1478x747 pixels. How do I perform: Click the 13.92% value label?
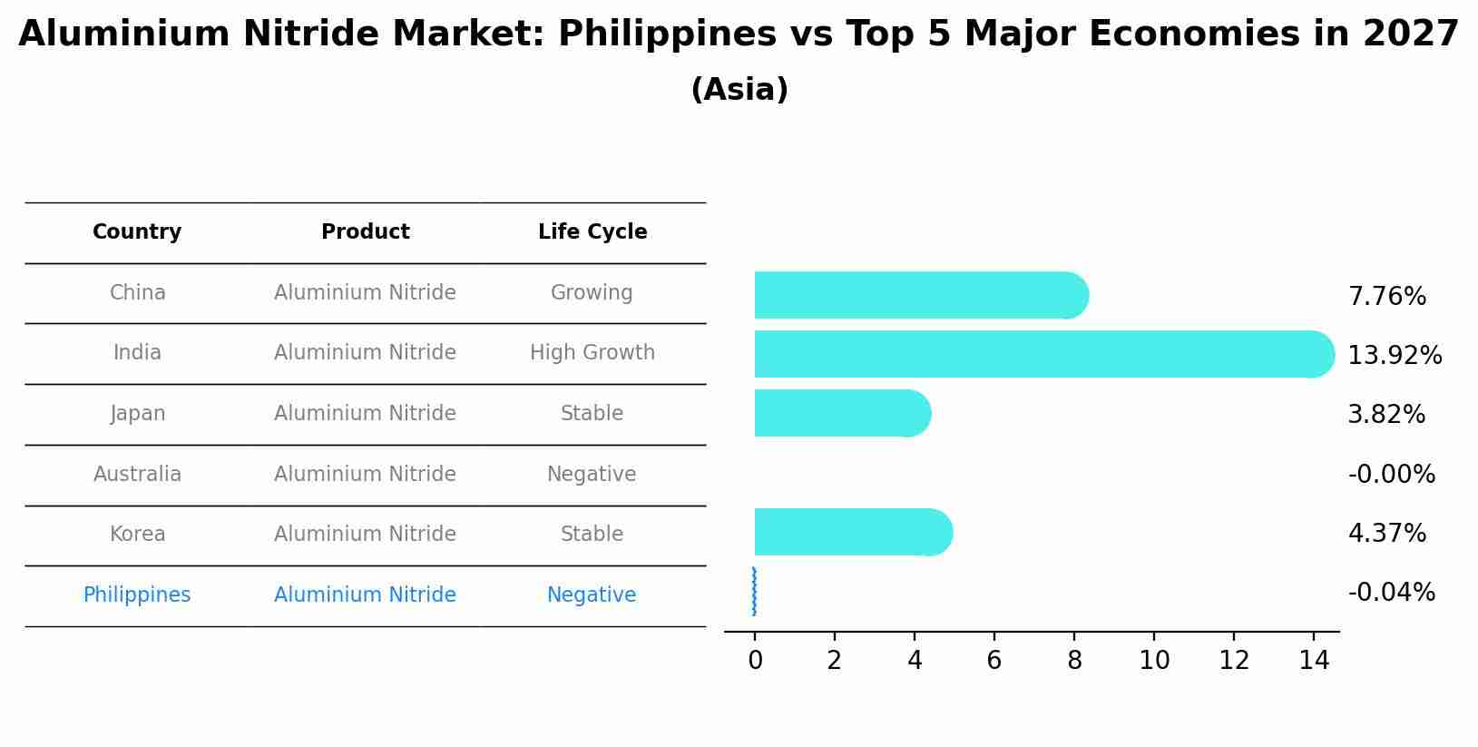click(1395, 356)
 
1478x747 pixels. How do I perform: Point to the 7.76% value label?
click(1386, 297)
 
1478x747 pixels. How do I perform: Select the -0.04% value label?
click(1391, 593)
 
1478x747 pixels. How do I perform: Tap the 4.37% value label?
click(1386, 534)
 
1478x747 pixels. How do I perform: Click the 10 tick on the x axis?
click(1154, 661)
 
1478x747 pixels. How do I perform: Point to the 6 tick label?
click(994, 661)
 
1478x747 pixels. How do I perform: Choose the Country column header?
click(137, 232)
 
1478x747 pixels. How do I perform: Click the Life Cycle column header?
click(592, 232)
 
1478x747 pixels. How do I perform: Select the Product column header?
click(366, 232)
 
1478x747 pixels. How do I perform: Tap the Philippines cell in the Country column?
click(137, 595)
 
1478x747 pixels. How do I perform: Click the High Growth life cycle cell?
click(592, 353)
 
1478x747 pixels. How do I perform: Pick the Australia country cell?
click(137, 475)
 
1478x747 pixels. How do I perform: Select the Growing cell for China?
click(592, 293)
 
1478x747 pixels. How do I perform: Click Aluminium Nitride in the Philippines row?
click(365, 595)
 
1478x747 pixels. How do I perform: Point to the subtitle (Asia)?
click(739, 90)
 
